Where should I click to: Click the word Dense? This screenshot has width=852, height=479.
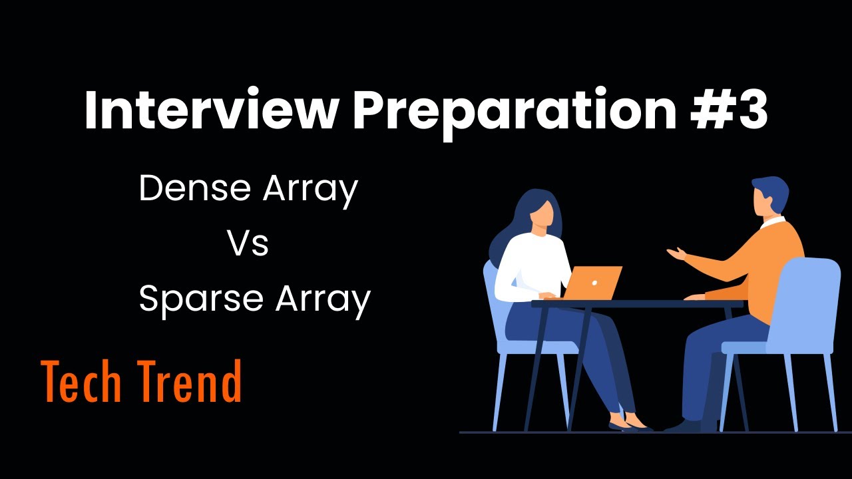(x=194, y=189)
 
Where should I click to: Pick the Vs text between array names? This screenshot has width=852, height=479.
(x=248, y=243)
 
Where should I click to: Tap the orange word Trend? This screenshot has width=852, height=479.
(x=194, y=382)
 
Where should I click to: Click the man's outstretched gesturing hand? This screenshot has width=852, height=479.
(x=678, y=253)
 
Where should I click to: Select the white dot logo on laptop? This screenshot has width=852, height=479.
(x=594, y=282)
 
